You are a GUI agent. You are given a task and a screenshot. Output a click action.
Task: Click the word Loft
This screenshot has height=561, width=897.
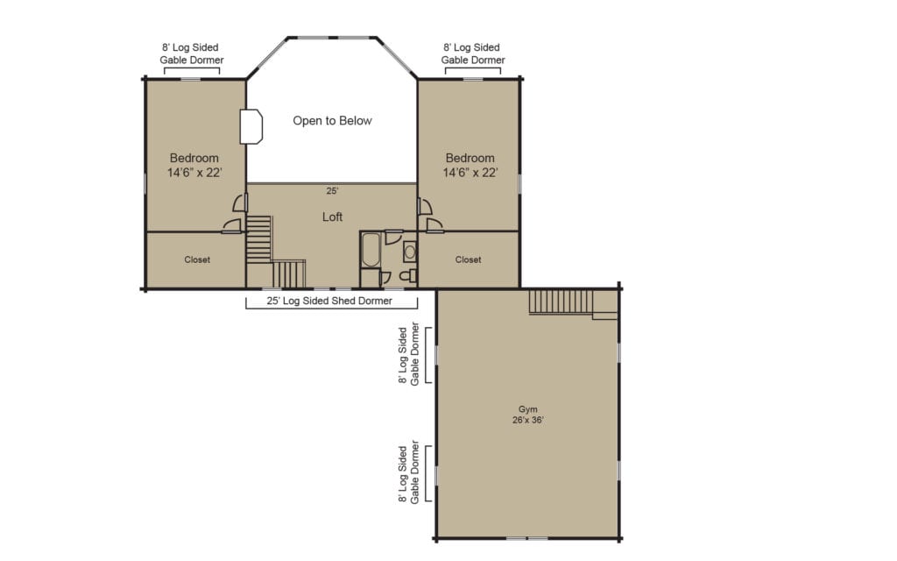pos(332,217)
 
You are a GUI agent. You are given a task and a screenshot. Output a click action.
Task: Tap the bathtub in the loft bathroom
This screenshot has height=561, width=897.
pos(370,250)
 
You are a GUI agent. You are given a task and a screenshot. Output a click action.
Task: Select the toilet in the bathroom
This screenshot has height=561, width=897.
pos(406,276)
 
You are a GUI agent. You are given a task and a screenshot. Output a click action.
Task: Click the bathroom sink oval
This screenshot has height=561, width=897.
pos(409,252)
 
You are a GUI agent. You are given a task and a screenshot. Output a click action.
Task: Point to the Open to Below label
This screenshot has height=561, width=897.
pos(332,121)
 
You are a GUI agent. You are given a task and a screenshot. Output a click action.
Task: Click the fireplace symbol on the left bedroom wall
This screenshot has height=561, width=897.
pos(251,126)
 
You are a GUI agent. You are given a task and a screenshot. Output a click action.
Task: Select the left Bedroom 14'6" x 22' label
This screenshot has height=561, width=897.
pos(194,166)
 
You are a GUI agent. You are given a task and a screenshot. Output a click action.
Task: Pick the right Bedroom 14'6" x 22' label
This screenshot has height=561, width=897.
pos(470,166)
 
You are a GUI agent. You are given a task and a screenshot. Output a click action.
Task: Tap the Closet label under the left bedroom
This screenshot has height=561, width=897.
pos(197,259)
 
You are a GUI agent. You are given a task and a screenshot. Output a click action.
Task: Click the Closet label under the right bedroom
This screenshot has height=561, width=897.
pos(469,259)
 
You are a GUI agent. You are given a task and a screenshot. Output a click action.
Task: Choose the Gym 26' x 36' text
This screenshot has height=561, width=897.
pos(526,414)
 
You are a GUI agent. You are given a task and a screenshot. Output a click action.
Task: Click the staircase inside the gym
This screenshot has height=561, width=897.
pos(561,302)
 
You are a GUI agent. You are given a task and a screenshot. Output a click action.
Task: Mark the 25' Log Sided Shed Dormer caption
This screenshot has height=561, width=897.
pos(331,301)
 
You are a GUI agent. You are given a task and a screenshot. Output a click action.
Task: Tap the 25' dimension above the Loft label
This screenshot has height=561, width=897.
pos(332,190)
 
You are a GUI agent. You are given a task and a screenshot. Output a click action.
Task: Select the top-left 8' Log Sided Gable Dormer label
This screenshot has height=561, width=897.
pos(191,53)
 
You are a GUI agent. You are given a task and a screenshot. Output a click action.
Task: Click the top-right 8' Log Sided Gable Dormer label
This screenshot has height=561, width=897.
pos(472,53)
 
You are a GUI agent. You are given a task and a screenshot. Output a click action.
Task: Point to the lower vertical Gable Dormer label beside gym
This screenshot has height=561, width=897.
pos(407,473)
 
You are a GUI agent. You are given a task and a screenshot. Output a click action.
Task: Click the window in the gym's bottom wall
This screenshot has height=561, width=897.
pos(526,537)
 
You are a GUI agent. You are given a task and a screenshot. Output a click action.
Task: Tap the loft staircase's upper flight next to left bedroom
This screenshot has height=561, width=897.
pos(258,238)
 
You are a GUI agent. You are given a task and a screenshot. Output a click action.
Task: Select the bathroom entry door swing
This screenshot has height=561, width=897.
pos(393,236)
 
